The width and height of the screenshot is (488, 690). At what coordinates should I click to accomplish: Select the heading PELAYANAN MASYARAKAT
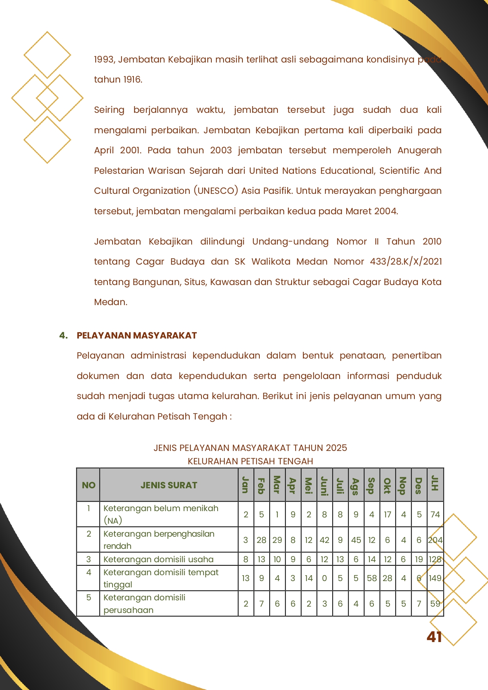137,335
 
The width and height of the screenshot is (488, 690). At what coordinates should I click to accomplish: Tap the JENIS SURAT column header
169,485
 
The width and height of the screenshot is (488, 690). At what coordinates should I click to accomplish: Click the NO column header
89,485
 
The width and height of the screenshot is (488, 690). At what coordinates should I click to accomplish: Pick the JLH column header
434,484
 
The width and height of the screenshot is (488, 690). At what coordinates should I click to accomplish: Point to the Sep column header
371,485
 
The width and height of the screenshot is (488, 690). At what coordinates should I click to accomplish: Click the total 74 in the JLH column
435,515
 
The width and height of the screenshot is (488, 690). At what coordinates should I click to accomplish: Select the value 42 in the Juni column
324,540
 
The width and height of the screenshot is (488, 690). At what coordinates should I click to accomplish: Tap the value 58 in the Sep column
372,578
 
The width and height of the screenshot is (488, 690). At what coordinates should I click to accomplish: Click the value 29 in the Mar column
277,540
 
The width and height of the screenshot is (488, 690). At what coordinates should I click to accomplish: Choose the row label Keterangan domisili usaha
158,559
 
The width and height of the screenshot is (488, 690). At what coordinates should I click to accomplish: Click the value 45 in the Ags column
356,540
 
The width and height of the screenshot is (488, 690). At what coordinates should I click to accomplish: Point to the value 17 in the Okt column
387,515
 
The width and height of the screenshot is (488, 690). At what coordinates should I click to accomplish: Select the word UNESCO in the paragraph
216,191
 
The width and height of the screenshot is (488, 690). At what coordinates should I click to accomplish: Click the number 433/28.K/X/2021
405,261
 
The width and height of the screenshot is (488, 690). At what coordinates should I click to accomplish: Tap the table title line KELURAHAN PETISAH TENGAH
250,461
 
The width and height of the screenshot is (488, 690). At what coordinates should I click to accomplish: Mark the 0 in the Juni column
324,578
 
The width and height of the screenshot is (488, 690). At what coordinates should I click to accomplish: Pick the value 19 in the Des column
419,559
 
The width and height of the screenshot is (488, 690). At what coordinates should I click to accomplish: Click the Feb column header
261,485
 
